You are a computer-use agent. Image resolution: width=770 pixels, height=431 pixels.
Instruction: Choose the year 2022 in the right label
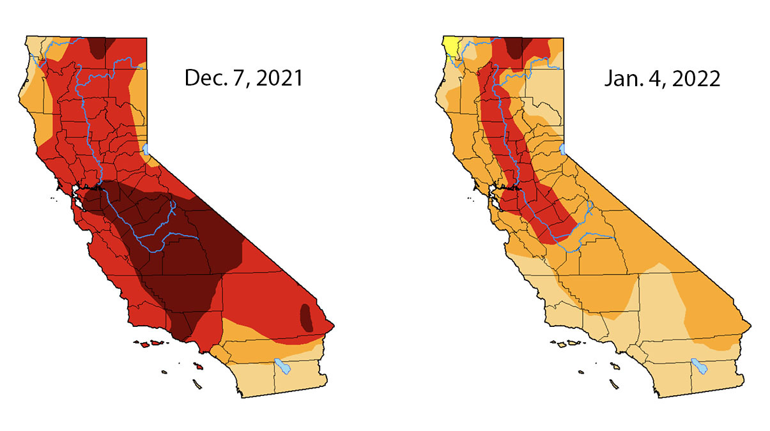693,79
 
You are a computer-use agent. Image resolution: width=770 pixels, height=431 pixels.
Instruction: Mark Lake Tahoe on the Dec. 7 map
146,149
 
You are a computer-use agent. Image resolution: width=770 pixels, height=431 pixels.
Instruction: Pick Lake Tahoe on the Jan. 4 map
564,149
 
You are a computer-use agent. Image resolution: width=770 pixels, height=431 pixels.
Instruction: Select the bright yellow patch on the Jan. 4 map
450,45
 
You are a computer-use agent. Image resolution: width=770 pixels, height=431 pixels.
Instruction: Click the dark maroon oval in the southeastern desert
306,317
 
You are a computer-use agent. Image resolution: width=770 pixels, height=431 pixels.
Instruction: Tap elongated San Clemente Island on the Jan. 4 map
613,384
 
